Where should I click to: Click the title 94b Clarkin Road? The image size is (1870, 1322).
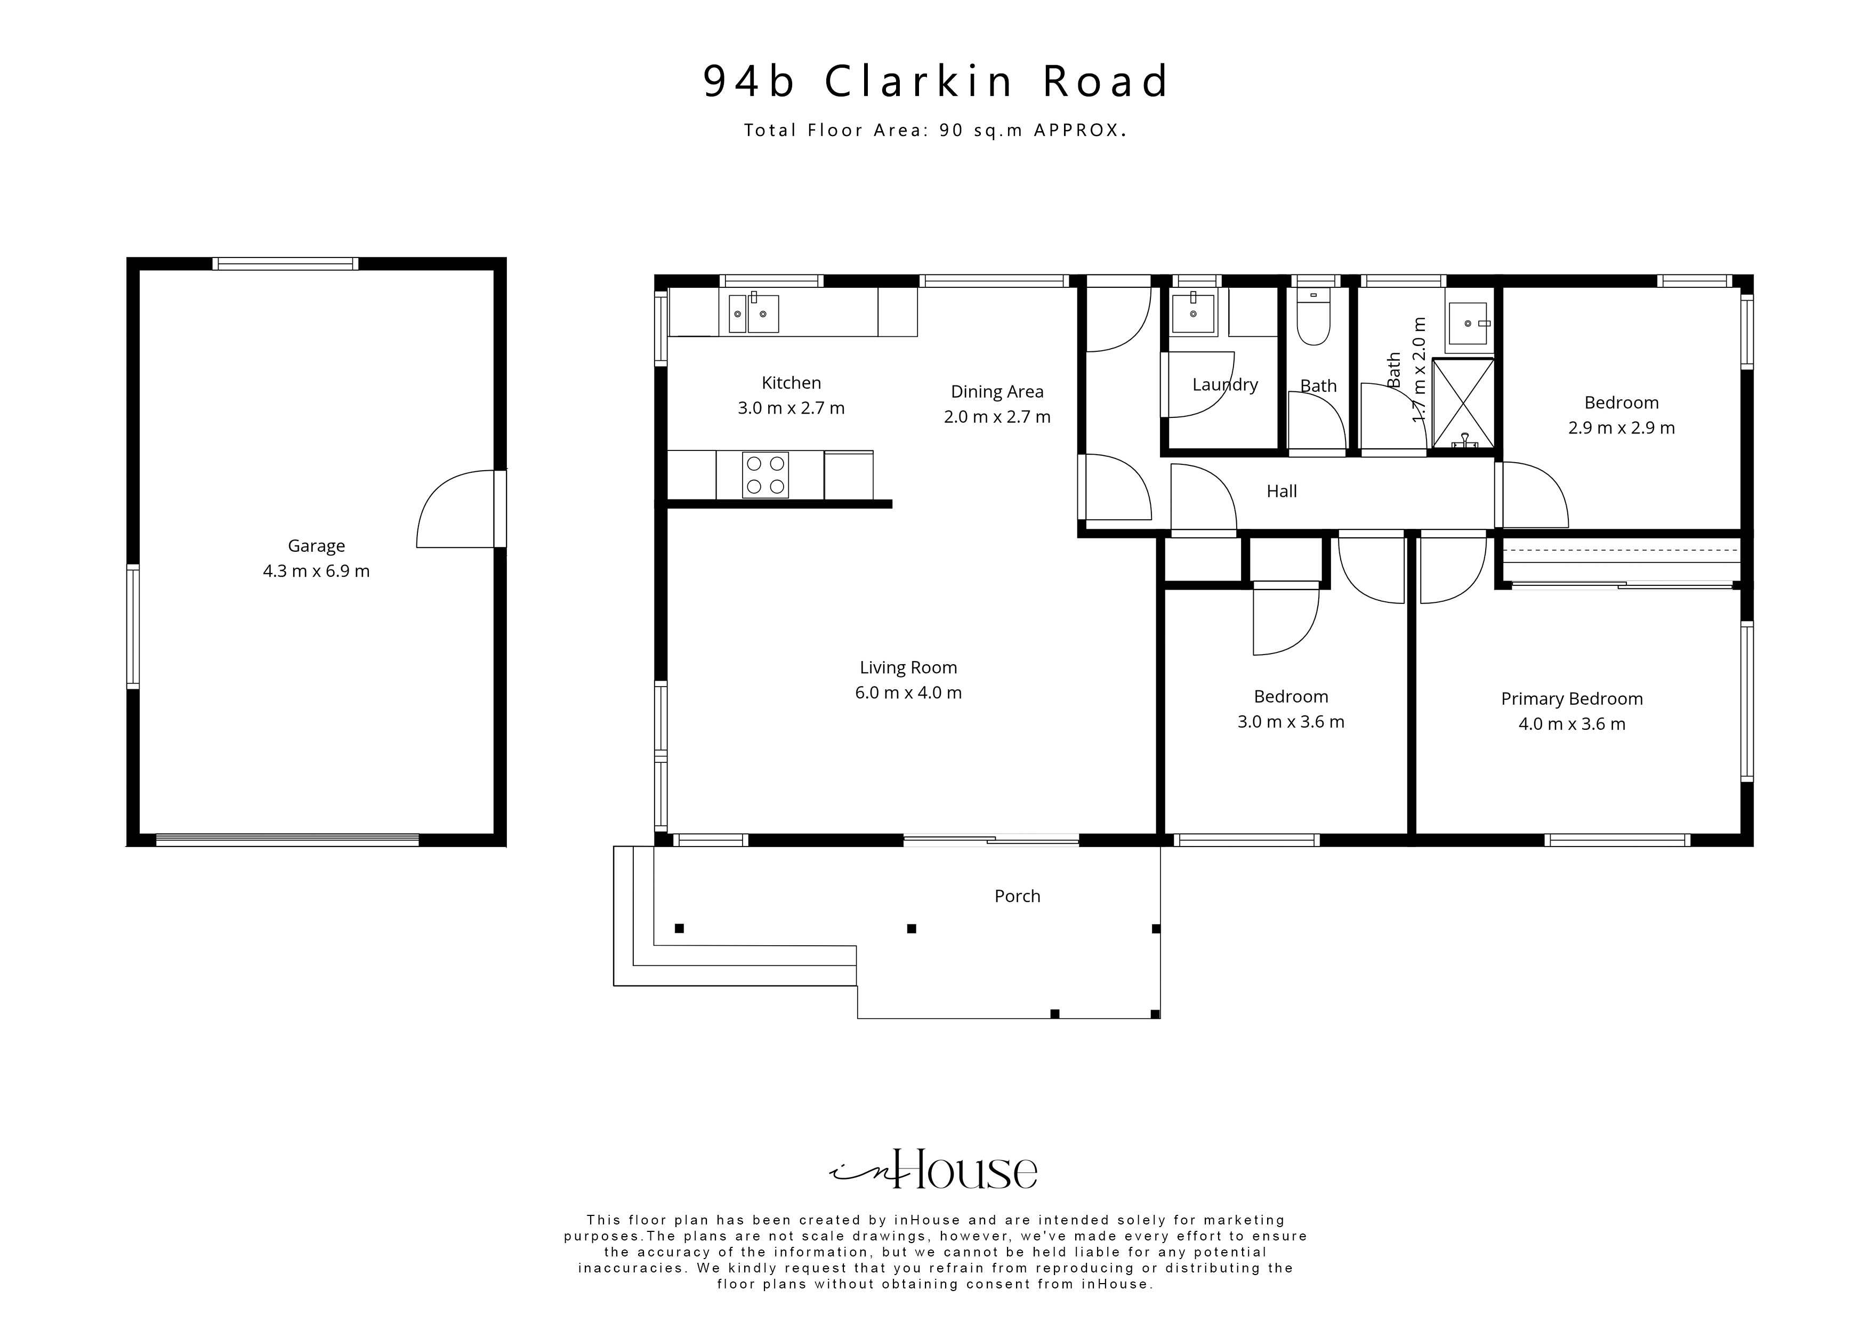pos(936,82)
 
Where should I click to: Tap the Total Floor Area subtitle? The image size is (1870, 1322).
pos(935,130)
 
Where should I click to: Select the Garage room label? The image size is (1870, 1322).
pos(316,546)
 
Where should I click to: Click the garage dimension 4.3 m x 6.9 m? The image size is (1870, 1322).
pos(316,571)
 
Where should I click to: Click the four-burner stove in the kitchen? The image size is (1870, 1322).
pos(765,475)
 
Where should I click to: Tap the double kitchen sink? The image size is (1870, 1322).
pos(753,313)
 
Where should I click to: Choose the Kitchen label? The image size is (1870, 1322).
pos(791,383)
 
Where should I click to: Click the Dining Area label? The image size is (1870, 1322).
pos(997,392)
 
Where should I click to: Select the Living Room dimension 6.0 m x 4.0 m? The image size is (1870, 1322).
pos(908,693)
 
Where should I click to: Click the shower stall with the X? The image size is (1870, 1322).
pos(1463,403)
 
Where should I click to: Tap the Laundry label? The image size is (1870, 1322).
pos(1225,384)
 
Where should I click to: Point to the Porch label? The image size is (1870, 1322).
pos(1017,896)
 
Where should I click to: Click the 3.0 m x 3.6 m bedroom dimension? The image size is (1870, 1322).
pos(1291,722)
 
